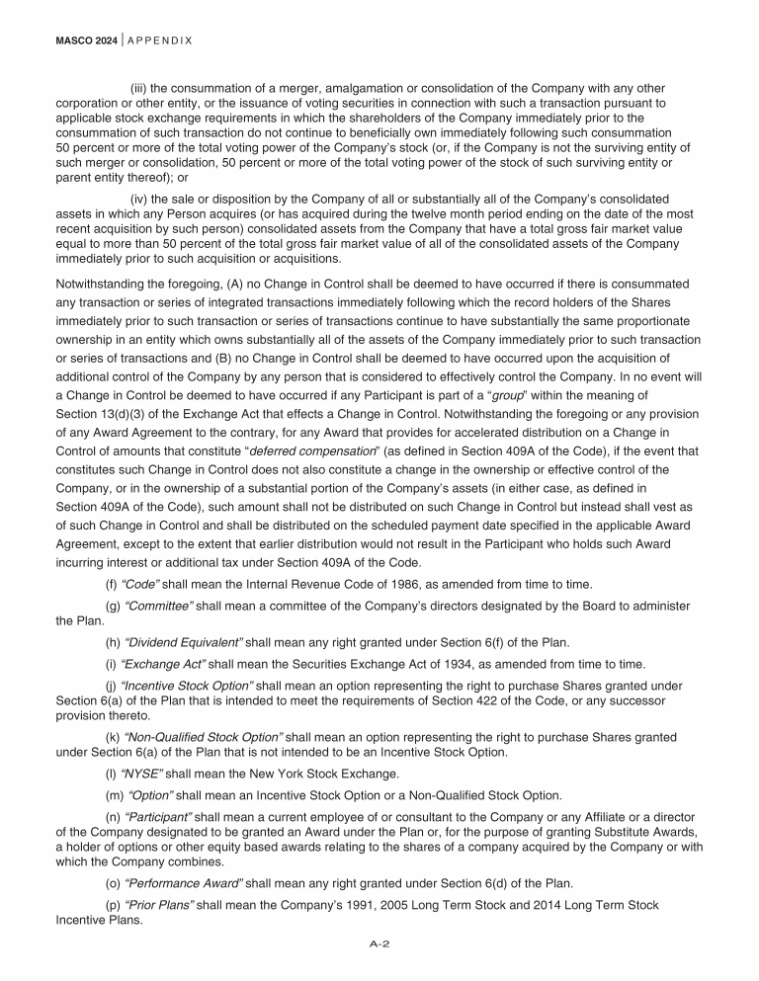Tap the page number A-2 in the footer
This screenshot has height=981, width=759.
click(x=379, y=944)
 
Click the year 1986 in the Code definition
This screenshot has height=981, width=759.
click(x=396, y=584)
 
